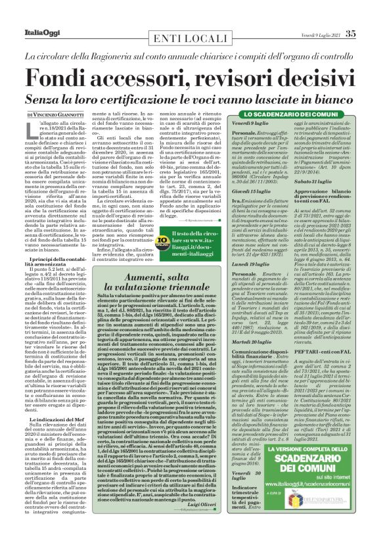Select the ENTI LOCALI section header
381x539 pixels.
[190, 38]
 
